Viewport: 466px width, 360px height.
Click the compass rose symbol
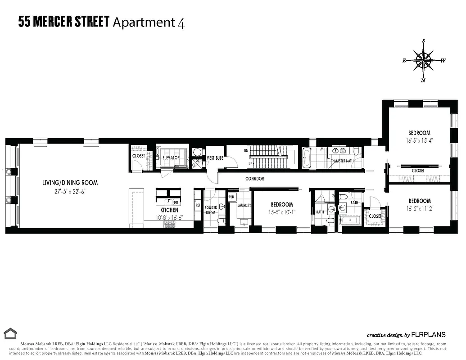pyautogui.click(x=423, y=60)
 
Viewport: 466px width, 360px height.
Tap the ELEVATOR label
pyautogui.click(x=171, y=158)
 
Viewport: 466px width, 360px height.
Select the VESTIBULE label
pyautogui.click(x=215, y=158)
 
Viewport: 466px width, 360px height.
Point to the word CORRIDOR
pyautogui.click(x=254, y=179)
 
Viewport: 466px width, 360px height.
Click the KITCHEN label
pyautogui.click(x=169, y=210)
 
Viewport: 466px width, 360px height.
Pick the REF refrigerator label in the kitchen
pyautogui.click(x=198, y=205)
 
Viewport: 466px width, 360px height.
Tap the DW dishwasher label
pyautogui.click(x=176, y=202)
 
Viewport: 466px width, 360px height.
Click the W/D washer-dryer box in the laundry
pyautogui.click(x=232, y=197)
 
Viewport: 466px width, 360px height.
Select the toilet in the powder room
pyautogui.click(x=221, y=220)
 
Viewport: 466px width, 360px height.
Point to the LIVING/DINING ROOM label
pyautogui.click(x=70, y=183)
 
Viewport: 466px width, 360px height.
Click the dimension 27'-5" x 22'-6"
pyautogui.click(x=70, y=191)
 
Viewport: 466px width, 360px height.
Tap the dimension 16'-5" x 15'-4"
pyautogui.click(x=419, y=140)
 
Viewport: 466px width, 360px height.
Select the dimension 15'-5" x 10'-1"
pyautogui.click(x=281, y=212)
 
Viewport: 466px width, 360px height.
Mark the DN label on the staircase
pyautogui.click(x=246, y=150)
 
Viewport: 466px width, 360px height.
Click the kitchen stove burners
pyautogui.click(x=169, y=225)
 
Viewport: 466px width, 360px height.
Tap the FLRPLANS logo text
pyautogui.click(x=428, y=335)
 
